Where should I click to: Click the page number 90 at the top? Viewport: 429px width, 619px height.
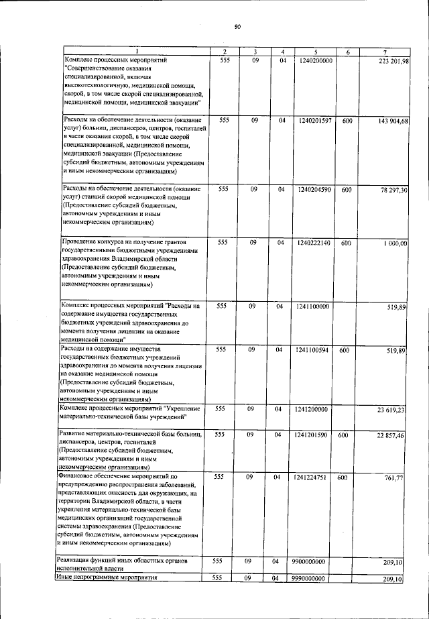pos(237,27)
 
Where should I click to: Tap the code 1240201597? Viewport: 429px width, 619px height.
pos(313,121)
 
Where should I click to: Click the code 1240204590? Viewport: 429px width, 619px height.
pos(313,190)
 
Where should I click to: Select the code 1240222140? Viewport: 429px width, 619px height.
pos(313,242)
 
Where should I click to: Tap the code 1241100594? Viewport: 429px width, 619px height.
pos(313,350)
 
